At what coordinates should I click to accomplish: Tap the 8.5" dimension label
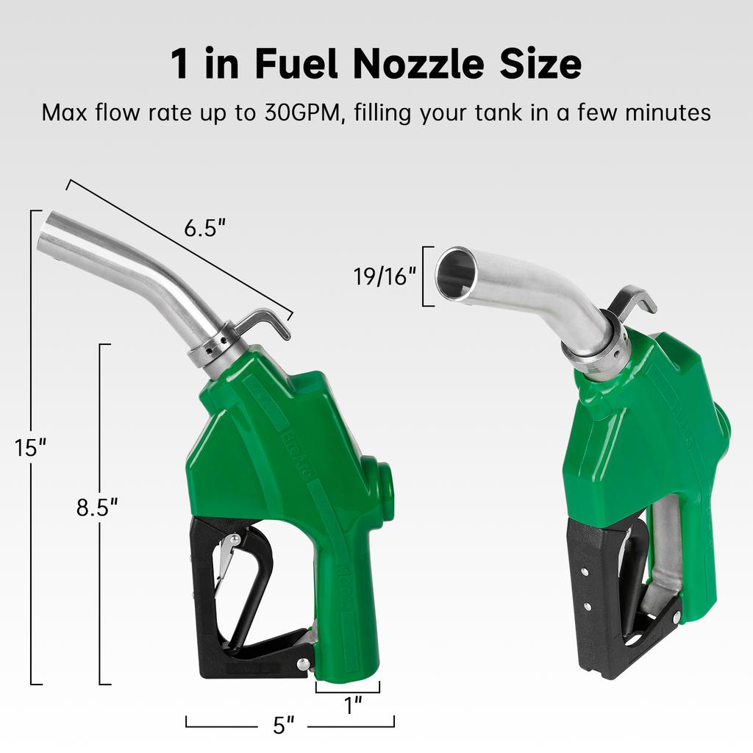click(97, 507)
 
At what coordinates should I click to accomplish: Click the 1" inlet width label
click(354, 706)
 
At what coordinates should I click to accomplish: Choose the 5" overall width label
click(283, 725)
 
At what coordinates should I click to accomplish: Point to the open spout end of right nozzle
click(455, 274)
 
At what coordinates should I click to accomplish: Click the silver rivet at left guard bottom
click(302, 663)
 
